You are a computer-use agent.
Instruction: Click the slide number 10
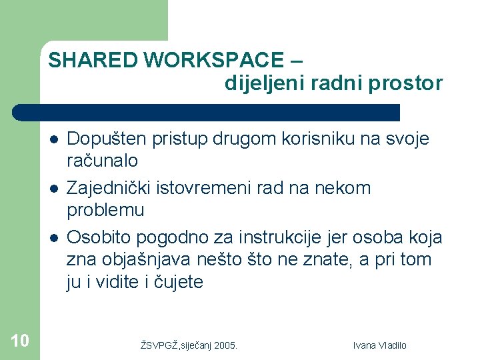coord(20,341)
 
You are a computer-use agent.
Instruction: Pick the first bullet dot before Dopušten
coord(53,139)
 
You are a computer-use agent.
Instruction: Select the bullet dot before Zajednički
coord(53,189)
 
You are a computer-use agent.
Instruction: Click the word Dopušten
coord(103,139)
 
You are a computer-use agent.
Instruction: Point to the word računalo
coord(103,161)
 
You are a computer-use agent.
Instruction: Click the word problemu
coord(105,210)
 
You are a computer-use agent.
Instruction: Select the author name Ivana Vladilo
coord(379,345)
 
